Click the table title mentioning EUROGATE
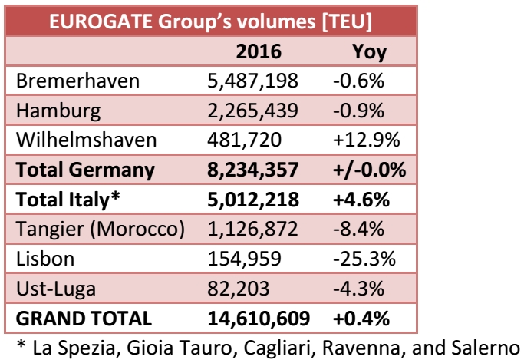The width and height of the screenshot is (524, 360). pos(211,20)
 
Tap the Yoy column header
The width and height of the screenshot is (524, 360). pos(368,52)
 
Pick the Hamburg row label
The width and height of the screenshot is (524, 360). pos(58,111)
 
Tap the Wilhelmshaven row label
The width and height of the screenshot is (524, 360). pos(85,140)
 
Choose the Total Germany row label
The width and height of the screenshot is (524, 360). pos(84,169)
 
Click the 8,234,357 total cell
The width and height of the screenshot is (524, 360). pos(252,169)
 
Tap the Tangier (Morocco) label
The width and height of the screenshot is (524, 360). pos(99,228)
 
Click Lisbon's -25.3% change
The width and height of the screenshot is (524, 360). pos(364,258)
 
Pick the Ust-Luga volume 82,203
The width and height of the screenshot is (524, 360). pos(238,287)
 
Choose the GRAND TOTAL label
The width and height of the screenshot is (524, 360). pos(83,317)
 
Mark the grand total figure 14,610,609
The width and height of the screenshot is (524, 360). pos(258,317)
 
